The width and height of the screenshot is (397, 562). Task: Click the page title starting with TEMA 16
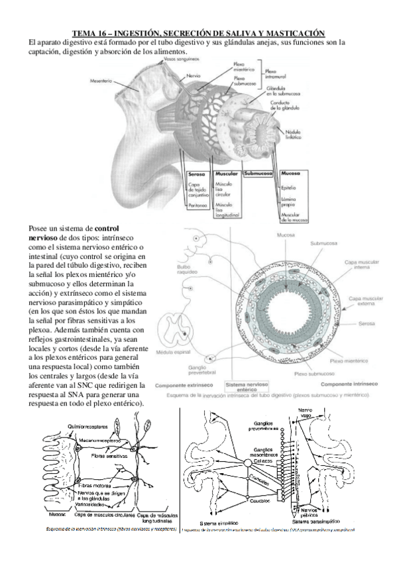coord(198,33)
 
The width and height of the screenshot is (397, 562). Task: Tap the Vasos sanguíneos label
coord(180,59)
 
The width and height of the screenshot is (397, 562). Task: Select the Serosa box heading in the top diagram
coord(197,174)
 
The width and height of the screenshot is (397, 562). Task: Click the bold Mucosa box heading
coord(290,174)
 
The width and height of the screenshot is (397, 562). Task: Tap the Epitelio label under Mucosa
coord(290,188)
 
